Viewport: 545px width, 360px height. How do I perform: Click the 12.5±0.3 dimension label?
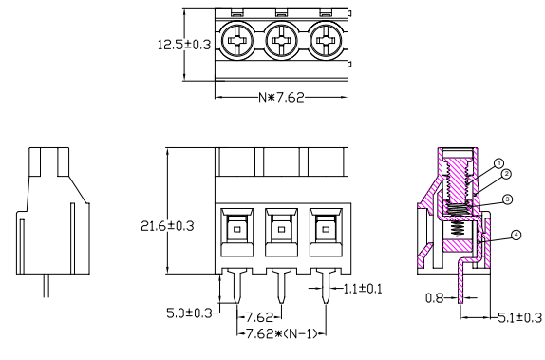[182, 44]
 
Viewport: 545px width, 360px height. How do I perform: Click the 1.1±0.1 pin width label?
[364, 289]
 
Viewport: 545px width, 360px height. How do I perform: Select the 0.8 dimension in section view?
[435, 297]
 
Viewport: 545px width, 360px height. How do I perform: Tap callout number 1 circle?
[498, 162]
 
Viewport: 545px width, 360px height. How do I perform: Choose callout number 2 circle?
[508, 174]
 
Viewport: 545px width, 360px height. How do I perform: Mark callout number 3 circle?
[509, 199]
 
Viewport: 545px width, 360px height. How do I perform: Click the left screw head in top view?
[236, 42]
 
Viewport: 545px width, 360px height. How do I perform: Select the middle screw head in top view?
[281, 42]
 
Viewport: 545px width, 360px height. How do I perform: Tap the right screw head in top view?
[326, 42]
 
